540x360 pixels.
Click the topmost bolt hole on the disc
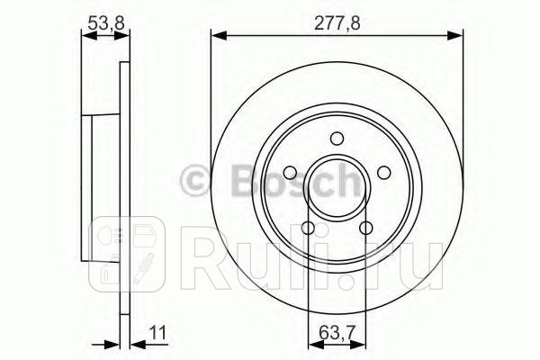click(337, 139)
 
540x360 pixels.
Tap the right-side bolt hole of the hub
click(383, 173)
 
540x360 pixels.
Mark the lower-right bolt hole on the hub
click(366, 227)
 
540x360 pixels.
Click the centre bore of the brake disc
click(337, 185)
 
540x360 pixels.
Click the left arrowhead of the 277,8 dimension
click(216, 35)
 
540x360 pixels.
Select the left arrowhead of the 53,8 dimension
click(85, 35)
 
